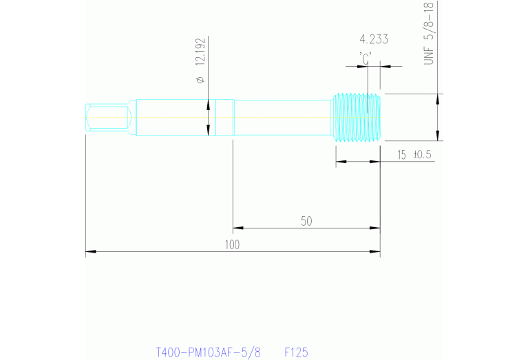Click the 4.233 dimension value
pos(374,39)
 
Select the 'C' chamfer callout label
pos(365,56)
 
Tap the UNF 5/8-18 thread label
pos(430,34)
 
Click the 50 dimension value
pos(306,221)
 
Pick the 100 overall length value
pos(232,246)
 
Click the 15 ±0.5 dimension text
pos(413,155)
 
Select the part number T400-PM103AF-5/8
pos(209,352)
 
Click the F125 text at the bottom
pos(296,352)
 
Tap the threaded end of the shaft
pos(357,117)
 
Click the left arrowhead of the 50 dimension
pos(237,227)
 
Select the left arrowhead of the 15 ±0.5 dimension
pos(339,162)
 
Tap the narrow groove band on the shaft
pos(225,117)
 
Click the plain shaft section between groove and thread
pos(282,117)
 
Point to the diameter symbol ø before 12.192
pos(200,81)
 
